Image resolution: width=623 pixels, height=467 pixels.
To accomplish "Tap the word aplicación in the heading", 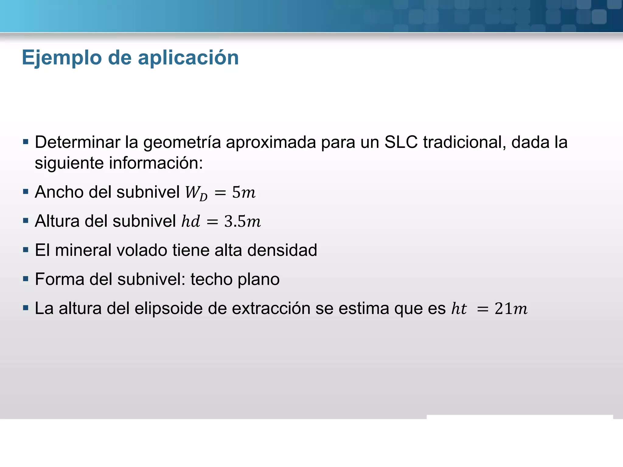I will coord(188,58).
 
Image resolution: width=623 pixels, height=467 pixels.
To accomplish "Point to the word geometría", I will coord(182,143).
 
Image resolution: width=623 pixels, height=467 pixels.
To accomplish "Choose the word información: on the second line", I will coord(156,163).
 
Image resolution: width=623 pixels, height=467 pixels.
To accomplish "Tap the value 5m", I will coord(244,192).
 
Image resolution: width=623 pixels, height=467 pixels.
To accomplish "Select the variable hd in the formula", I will coord(191,221).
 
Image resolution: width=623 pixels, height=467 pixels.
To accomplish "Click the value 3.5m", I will coord(242,221).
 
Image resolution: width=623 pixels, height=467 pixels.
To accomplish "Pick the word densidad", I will coord(282,250).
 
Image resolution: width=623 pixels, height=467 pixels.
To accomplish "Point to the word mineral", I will coord(81,250).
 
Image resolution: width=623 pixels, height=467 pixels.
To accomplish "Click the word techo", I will coord(211,279).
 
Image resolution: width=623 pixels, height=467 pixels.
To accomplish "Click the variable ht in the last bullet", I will coord(459,308).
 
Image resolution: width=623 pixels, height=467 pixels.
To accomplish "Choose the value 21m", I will coord(511,308).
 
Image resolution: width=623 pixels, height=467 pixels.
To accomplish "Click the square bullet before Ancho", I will coord(26,192).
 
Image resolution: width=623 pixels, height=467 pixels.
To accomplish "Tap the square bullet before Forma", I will coord(26,279).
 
